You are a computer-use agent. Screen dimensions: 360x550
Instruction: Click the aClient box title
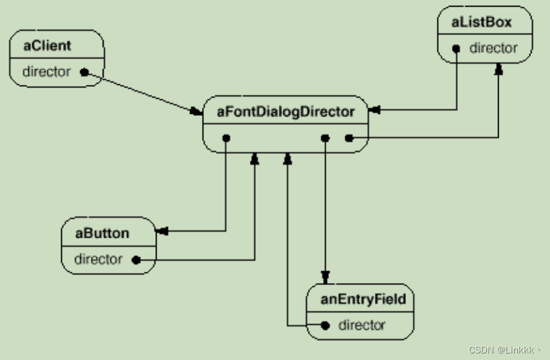47,46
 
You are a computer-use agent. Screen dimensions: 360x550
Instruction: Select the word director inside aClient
46,72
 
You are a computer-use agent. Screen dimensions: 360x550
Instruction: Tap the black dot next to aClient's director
84,72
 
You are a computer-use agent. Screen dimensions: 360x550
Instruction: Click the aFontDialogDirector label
286,111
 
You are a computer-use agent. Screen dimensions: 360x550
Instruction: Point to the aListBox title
482,23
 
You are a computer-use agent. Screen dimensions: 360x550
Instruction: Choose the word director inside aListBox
493,48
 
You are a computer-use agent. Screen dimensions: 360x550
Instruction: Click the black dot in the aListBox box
456,49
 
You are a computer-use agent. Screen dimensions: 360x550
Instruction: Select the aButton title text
102,233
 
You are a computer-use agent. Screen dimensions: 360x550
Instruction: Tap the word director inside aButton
98,259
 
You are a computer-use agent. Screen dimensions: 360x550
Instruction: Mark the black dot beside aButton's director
136,260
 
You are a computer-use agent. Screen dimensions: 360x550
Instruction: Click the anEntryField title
363,299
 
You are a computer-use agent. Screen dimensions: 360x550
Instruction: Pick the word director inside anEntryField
362,325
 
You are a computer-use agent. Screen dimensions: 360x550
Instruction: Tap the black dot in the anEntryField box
324,325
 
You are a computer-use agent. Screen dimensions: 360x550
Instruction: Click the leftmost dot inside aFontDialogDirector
226,138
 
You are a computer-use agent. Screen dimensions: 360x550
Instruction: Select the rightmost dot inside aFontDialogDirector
349,138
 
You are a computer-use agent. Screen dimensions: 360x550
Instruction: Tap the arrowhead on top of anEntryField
324,278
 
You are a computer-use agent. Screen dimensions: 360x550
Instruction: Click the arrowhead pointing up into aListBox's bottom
499,68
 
